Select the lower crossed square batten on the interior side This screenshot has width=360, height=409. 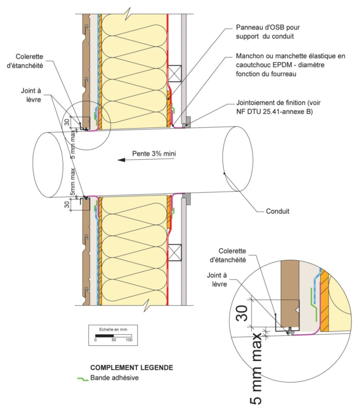[175, 252]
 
